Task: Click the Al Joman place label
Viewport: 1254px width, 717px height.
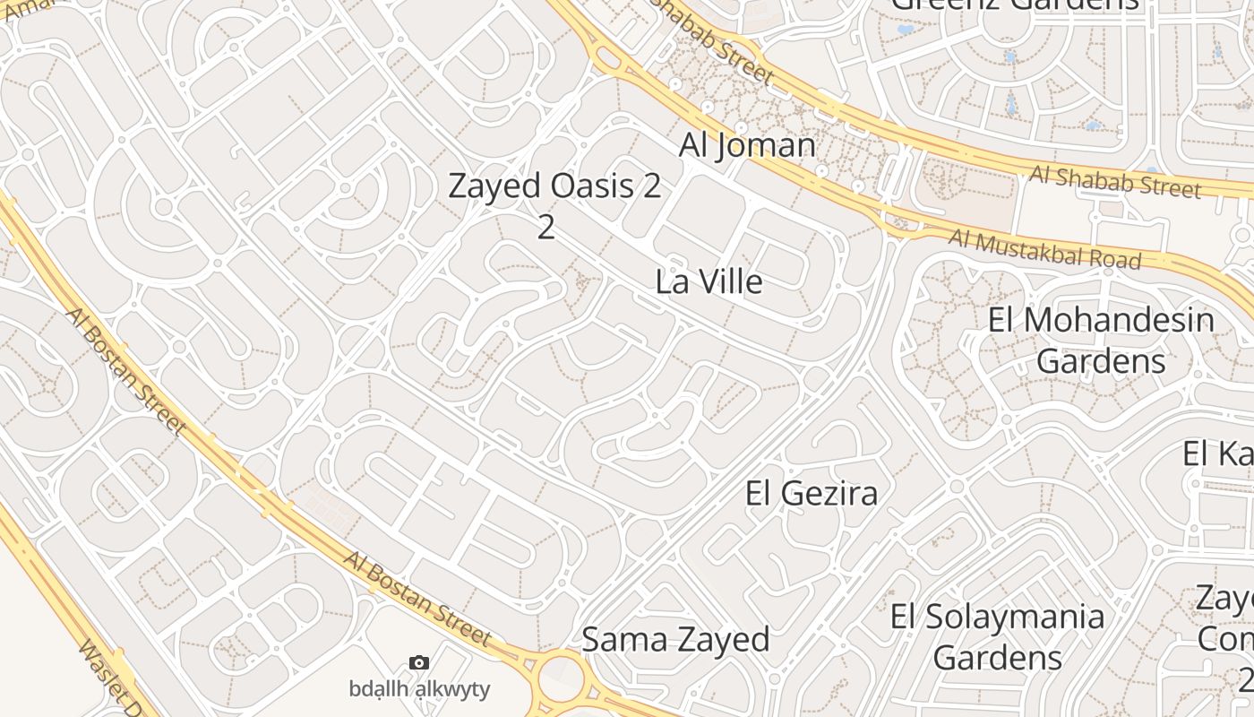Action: [x=747, y=145]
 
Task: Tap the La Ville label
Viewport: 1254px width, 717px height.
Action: [x=709, y=281]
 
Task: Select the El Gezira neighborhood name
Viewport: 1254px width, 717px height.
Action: [x=811, y=493]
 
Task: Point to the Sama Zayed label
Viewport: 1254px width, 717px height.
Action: [x=675, y=639]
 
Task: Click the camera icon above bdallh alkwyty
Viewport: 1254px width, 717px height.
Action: [x=418, y=663]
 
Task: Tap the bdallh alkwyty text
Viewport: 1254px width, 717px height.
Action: [x=419, y=688]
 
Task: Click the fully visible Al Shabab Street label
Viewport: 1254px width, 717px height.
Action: [x=1114, y=181]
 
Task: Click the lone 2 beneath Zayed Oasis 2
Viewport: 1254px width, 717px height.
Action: [x=545, y=227]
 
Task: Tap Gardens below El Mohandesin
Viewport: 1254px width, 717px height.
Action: [x=1101, y=361]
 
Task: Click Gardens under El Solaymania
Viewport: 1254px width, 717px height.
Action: [x=997, y=658]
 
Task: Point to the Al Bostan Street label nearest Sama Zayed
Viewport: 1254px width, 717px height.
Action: [x=417, y=599]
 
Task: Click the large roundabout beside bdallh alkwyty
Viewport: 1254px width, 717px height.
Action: [x=563, y=678]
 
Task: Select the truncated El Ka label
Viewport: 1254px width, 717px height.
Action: [x=1216, y=454]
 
